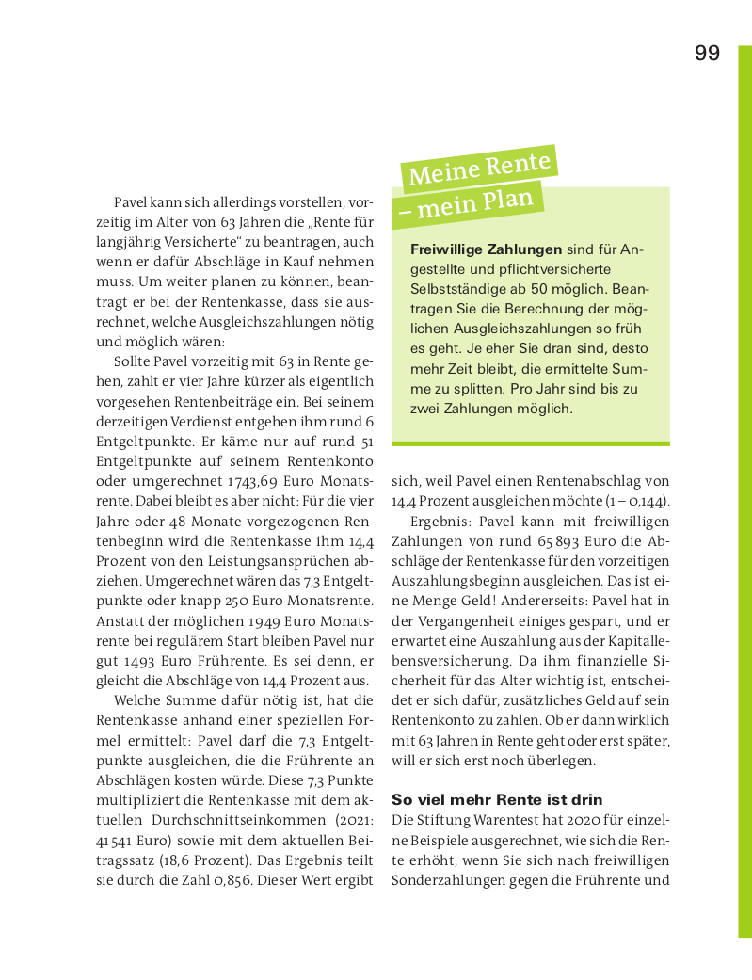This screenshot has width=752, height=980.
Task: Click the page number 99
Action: click(707, 53)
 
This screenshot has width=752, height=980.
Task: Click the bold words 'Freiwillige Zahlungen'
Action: click(486, 249)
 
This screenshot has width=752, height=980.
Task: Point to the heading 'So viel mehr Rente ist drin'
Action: click(483, 799)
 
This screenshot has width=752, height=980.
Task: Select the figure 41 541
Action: click(119, 841)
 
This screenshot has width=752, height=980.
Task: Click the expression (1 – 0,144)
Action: click(635, 499)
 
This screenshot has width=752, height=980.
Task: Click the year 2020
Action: click(580, 820)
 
